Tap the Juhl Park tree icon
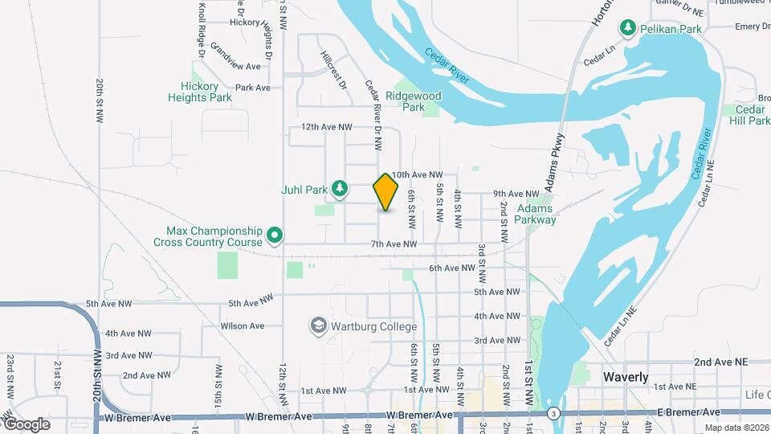coord(340,189)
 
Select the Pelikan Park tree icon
coord(627,28)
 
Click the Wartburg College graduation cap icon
coord(319,325)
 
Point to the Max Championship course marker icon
coord(275,235)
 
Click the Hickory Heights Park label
coord(200,92)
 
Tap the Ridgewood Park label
coord(414,100)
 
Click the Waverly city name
coord(626,377)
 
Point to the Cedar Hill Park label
coord(752,115)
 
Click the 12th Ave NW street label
coord(327,127)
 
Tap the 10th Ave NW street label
coord(418,174)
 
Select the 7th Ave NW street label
coord(394,244)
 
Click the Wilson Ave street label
coord(243,325)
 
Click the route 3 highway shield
coord(553,413)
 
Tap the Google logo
coord(26,424)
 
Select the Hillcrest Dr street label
coord(334,69)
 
